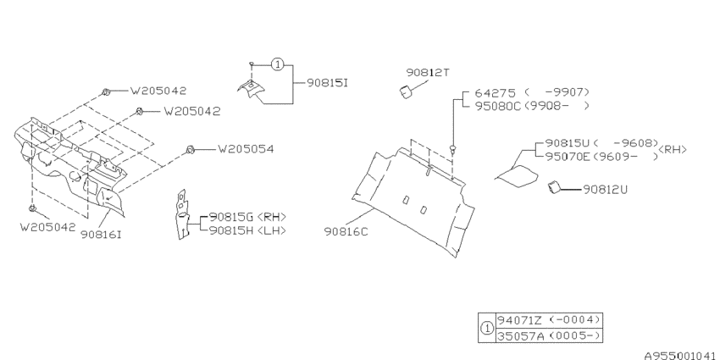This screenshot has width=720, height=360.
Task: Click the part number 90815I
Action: click(328, 83)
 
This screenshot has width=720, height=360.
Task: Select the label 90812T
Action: click(428, 73)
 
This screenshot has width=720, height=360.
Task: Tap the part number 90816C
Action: click(346, 231)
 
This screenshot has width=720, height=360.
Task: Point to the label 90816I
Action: click(101, 234)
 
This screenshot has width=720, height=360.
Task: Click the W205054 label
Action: click(246, 149)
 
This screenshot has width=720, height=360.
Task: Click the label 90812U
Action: click(605, 189)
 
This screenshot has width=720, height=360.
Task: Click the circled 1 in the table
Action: click(487, 329)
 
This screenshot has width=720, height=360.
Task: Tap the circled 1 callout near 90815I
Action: click(277, 64)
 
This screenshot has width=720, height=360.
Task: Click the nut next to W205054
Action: click(191, 149)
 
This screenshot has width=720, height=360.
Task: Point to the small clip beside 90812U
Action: click(553, 187)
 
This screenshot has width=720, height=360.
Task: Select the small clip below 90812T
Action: click(406, 91)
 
